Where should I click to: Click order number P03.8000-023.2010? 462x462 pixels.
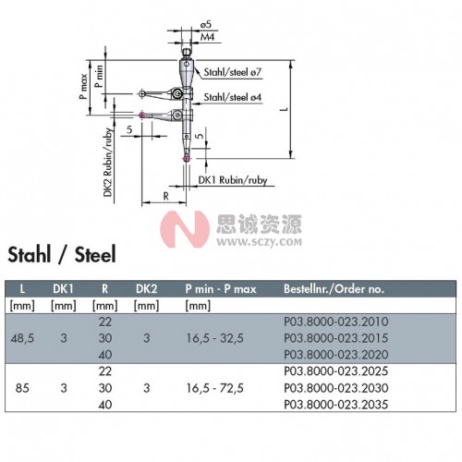tap(336, 322)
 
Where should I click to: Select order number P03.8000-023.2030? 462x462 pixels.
tap(336, 388)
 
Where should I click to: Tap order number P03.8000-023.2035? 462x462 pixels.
tap(336, 405)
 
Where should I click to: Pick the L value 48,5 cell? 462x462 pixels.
tap(22, 339)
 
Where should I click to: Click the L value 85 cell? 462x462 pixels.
tap(22, 388)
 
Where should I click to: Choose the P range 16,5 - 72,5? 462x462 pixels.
tap(214, 388)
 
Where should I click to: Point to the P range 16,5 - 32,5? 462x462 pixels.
tap(214, 338)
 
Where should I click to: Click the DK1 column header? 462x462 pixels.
tap(63, 289)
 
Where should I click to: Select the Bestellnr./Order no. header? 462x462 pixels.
tap(334, 289)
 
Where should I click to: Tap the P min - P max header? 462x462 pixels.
tap(221, 289)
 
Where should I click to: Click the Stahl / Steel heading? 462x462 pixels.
tap(62, 255)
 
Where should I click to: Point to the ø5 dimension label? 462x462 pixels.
tap(207, 25)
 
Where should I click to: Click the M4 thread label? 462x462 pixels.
tap(207, 37)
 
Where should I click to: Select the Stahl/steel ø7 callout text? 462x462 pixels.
tap(233, 72)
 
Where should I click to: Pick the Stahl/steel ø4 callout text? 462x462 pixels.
tap(233, 97)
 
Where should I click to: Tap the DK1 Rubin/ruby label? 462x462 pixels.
tap(233, 180)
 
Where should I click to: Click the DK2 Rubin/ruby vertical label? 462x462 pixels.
tap(107, 163)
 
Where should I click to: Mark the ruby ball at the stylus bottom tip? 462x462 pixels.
tap(186, 159)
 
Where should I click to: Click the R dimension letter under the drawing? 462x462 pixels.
tap(165, 196)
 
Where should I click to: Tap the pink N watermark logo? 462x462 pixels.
tap(185, 229)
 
